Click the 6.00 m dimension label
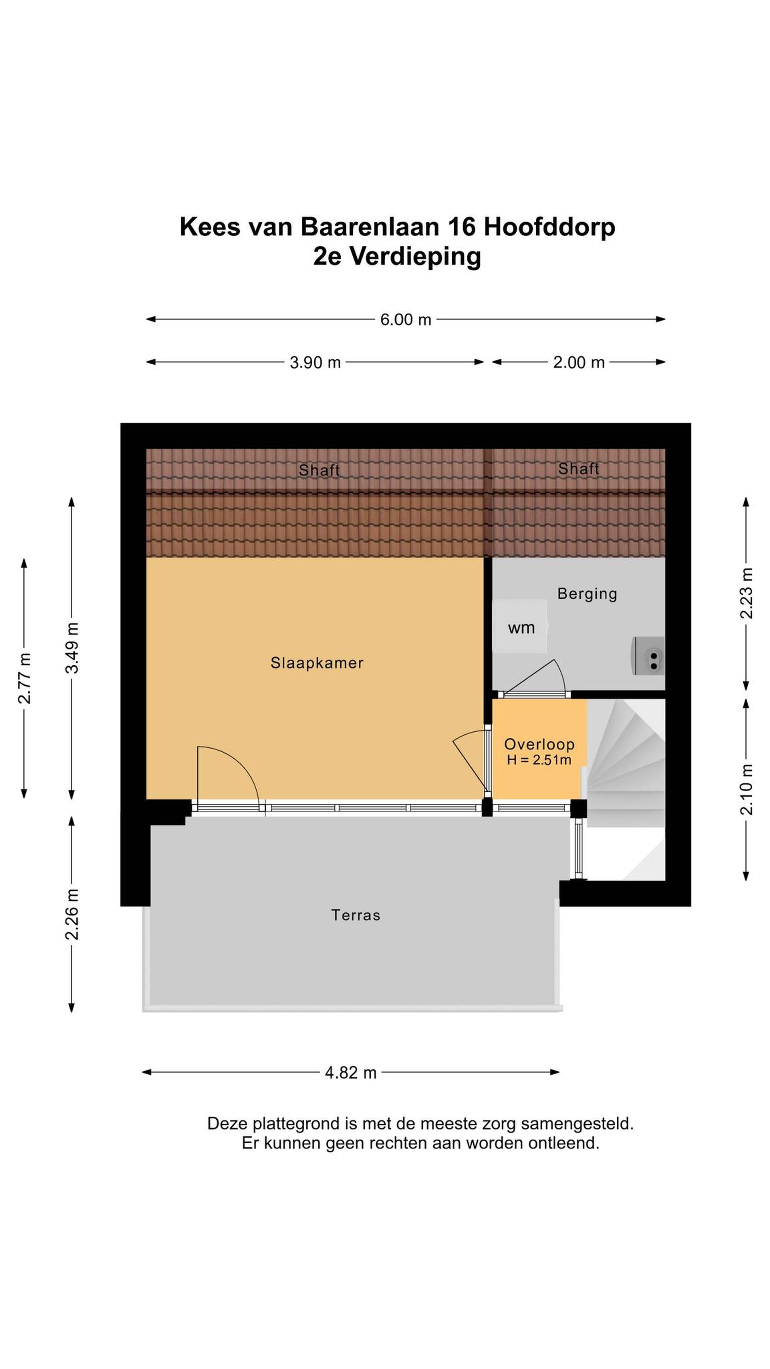click(405, 319)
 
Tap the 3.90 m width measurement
click(315, 362)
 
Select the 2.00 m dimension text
click(579, 362)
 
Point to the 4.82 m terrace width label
click(351, 1072)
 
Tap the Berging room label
click(587, 594)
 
